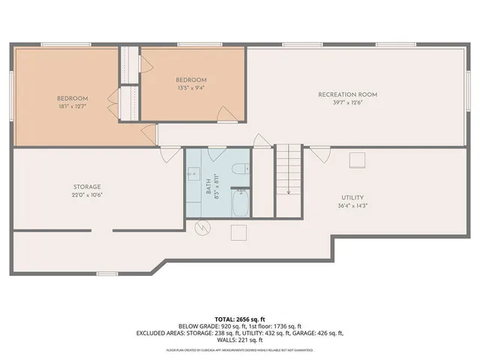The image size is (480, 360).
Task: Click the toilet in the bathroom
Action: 240,170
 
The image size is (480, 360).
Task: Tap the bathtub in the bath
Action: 239,202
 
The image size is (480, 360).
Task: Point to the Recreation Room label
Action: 347,94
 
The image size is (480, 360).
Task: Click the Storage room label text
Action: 87,187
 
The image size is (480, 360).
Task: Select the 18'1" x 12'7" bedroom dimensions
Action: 73,106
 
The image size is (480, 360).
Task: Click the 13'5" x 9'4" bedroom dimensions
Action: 190,88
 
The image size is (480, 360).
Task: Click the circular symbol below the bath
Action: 201,227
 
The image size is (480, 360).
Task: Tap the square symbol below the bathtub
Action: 239,232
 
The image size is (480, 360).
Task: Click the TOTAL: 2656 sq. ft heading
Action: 240,318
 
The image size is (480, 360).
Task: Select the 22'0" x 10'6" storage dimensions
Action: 87,195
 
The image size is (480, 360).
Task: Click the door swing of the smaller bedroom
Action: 224,112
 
